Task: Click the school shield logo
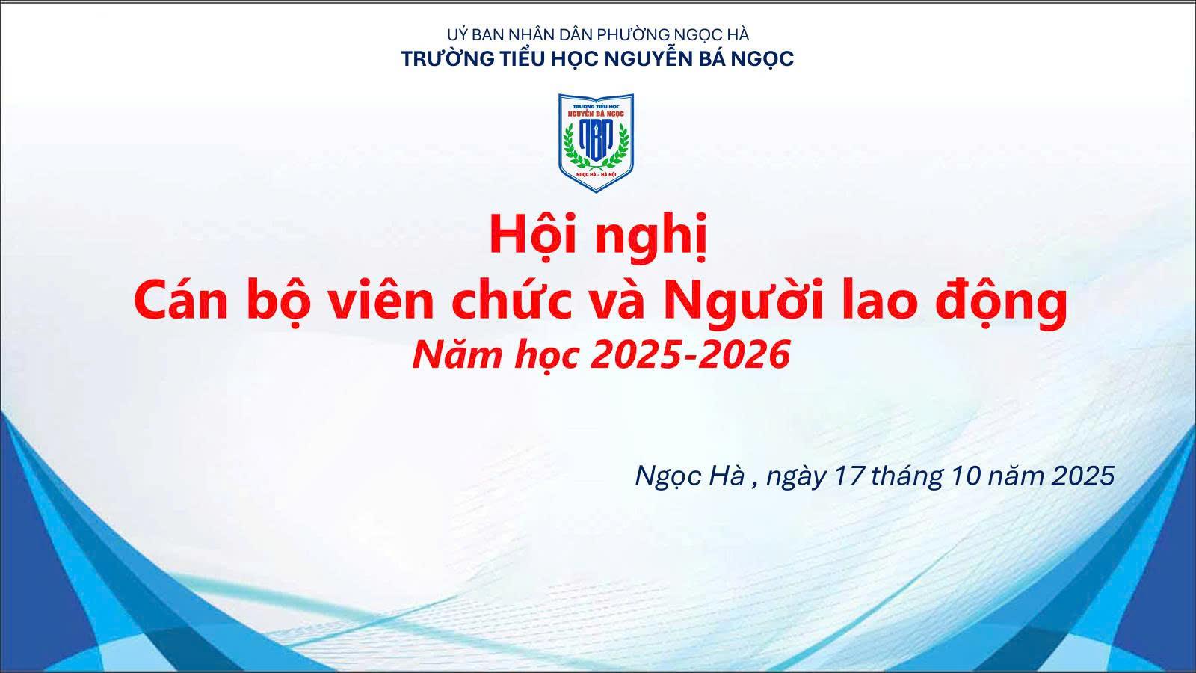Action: (597, 142)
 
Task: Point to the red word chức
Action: (518, 301)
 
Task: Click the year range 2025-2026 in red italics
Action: (690, 354)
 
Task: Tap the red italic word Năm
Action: (451, 354)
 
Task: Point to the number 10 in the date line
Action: (964, 476)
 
